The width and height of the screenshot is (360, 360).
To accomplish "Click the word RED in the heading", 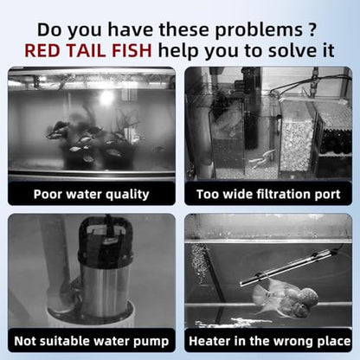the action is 43,50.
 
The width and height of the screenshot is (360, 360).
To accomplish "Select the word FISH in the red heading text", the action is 132,50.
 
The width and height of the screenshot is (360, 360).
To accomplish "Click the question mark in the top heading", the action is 311,29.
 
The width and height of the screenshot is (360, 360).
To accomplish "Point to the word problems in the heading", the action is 259,30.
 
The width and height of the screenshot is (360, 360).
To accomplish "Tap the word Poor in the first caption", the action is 48,194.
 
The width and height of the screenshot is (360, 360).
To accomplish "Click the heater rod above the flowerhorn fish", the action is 289,267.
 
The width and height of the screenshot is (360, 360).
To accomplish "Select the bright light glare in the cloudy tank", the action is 106,98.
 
